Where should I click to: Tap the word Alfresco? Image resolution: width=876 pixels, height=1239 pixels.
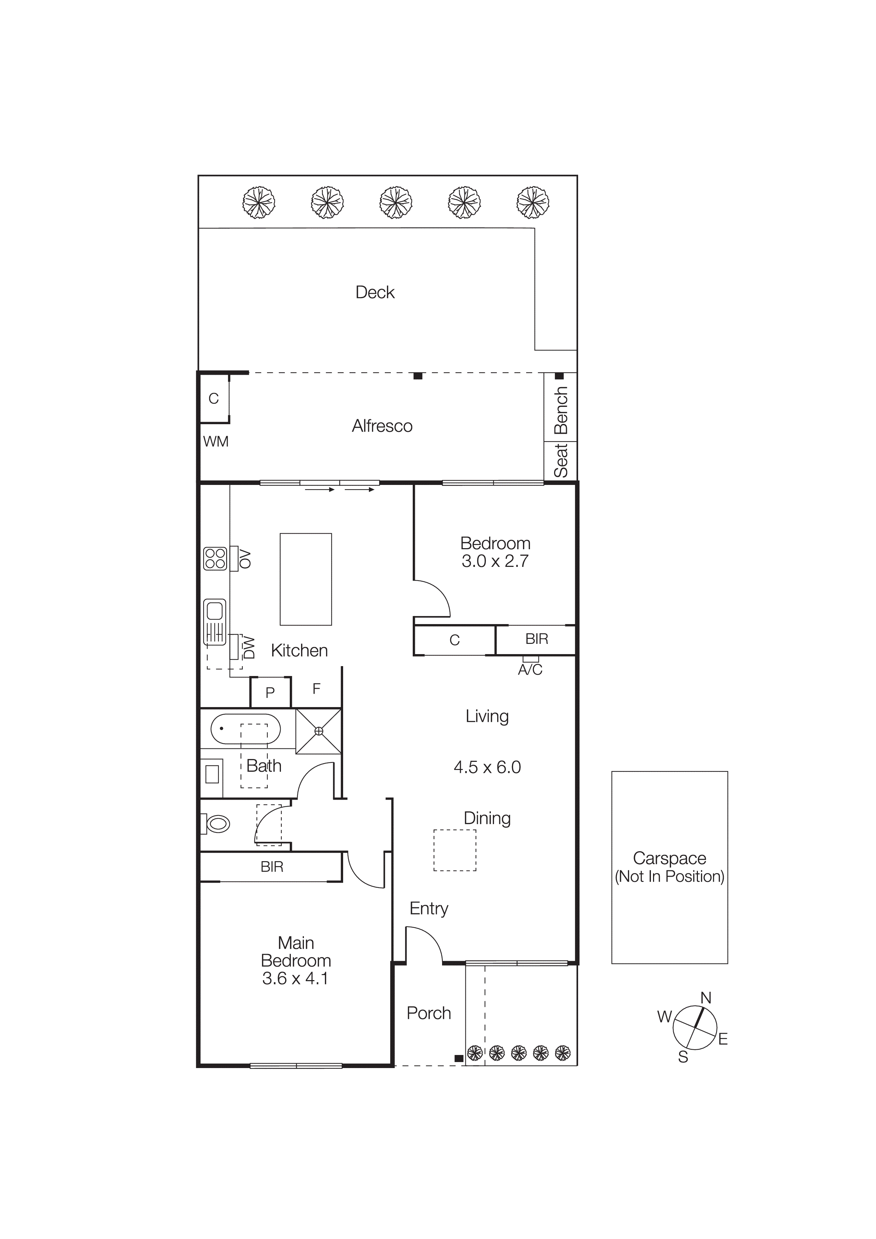point(382,426)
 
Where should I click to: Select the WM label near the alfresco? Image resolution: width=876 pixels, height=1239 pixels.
point(215,442)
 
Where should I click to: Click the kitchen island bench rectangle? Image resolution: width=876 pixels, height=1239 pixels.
point(306,579)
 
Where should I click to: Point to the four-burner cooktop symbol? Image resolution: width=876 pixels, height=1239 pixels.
point(215,559)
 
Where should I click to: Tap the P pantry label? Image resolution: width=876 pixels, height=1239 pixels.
point(270,692)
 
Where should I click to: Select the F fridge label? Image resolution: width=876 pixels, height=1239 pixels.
point(316,689)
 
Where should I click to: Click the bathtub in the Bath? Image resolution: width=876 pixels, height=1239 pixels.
point(246,729)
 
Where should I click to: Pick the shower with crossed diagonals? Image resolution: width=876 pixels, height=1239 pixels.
point(318,731)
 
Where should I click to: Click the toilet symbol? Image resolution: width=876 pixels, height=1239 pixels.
point(218,824)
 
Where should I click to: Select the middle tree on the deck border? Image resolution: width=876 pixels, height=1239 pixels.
point(396,203)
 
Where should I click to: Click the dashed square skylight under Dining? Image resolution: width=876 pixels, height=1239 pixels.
point(454,850)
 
